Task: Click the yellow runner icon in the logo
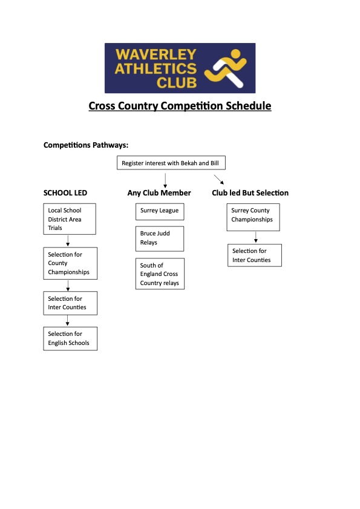pyautogui.click(x=226, y=68)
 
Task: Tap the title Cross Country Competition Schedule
pyautogui.click(x=180, y=106)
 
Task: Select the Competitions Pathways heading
pyautogui.click(x=86, y=145)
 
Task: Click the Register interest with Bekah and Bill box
pyautogui.click(x=169, y=163)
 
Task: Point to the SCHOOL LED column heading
pyautogui.click(x=65, y=193)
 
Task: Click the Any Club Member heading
pyautogui.click(x=159, y=193)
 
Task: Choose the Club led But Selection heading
pyautogui.click(x=250, y=193)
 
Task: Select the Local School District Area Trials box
pyautogui.click(x=70, y=219)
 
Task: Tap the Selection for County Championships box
pyautogui.click(x=70, y=263)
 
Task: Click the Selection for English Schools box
pyautogui.click(x=70, y=338)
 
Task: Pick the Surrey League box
pyautogui.click(x=160, y=211)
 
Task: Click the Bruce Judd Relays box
pyautogui.click(x=160, y=238)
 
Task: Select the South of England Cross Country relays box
pyautogui.click(x=160, y=274)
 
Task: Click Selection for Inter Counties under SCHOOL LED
pyautogui.click(x=70, y=303)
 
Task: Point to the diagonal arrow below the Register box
pyautogui.click(x=219, y=180)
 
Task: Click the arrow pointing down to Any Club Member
pyautogui.click(x=165, y=180)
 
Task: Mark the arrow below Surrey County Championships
pyautogui.click(x=256, y=237)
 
